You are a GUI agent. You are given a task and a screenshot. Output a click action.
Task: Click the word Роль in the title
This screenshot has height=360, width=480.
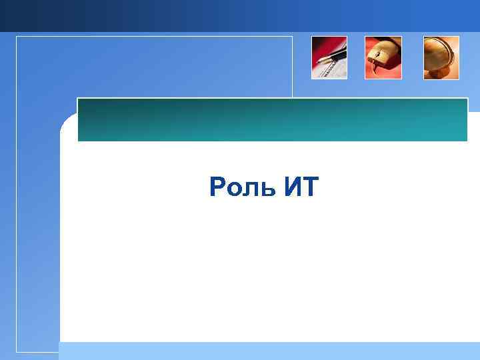(241, 188)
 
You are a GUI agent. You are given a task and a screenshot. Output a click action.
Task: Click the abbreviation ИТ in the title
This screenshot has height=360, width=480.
(301, 188)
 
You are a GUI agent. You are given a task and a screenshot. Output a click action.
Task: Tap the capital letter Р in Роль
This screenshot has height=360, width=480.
(217, 188)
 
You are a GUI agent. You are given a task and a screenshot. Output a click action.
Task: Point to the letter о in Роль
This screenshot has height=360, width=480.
(233, 190)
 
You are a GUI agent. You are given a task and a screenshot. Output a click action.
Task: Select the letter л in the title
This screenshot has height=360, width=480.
(247, 190)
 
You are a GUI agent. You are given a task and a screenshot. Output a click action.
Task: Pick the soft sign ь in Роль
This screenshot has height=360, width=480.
(263, 190)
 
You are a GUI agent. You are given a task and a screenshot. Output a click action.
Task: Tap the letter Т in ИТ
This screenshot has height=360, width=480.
(311, 188)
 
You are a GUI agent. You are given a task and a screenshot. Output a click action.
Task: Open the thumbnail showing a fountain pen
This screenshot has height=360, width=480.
(329, 57)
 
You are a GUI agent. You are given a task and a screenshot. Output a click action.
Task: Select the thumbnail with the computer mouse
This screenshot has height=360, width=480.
(383, 57)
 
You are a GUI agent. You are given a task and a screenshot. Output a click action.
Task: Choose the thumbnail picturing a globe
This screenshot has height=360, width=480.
(441, 57)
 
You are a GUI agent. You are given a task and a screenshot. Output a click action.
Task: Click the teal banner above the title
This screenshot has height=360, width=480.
(273, 120)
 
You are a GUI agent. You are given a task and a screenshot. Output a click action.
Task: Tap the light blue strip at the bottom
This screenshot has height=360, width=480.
(267, 351)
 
